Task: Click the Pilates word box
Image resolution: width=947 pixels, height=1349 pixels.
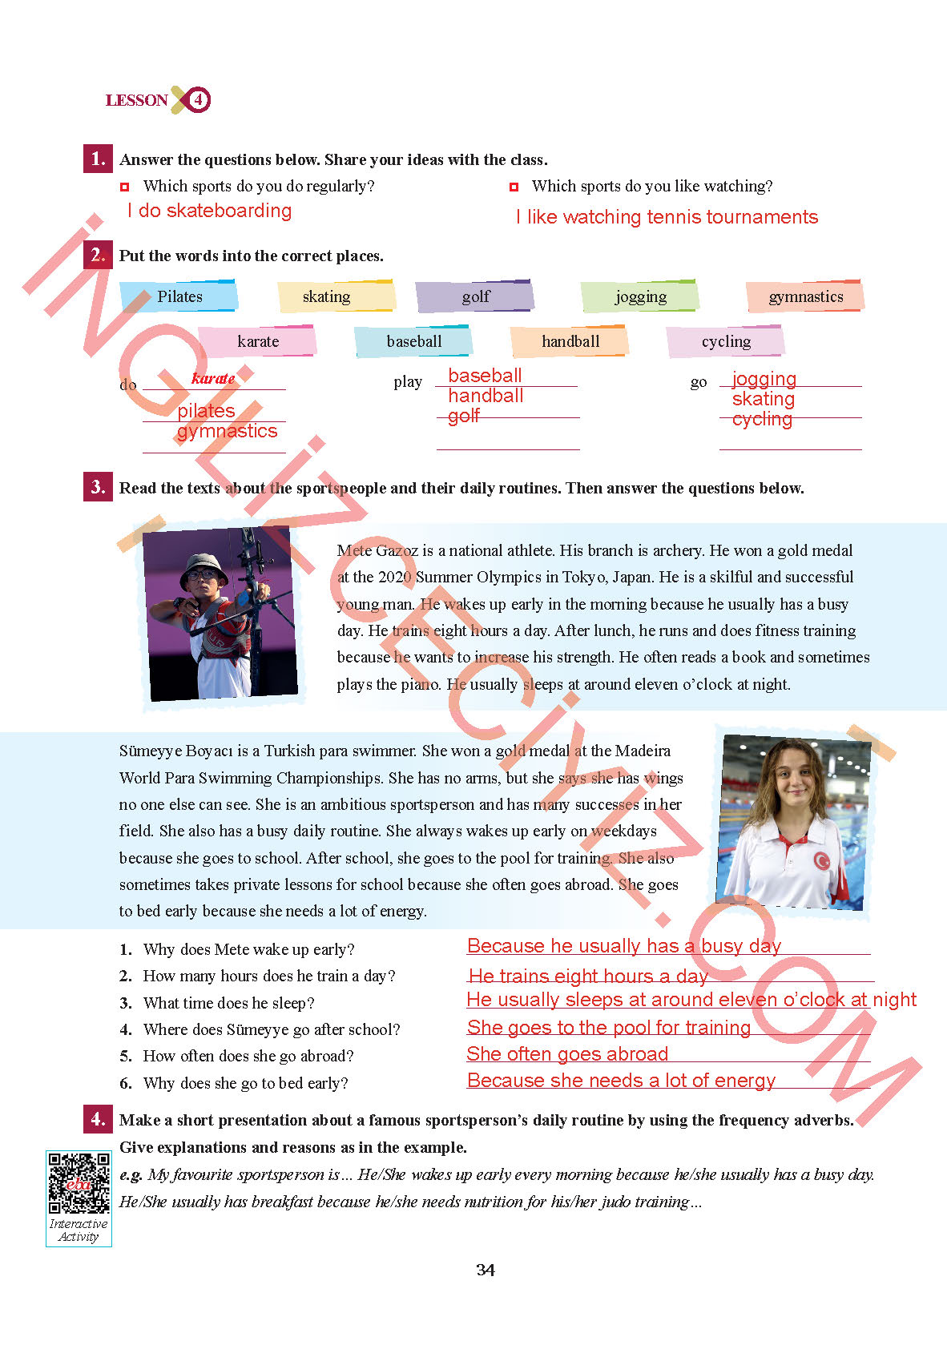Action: tap(179, 296)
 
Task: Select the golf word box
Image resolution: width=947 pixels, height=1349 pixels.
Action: tap(475, 296)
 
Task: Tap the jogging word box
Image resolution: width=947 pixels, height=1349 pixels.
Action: tap(640, 296)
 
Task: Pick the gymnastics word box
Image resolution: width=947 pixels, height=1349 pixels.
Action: tap(805, 296)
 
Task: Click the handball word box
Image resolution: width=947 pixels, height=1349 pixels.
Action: tap(570, 341)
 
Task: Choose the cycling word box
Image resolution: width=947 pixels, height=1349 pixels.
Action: tap(726, 341)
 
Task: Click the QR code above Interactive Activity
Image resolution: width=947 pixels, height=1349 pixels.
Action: tap(79, 1182)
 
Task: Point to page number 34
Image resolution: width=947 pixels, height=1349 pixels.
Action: tap(485, 1270)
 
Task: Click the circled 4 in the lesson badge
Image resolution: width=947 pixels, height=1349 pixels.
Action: tap(197, 100)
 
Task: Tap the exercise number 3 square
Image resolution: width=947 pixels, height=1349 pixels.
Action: tap(98, 487)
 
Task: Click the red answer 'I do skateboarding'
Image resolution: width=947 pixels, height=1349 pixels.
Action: tap(210, 211)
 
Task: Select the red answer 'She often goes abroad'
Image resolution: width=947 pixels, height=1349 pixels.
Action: tap(567, 1054)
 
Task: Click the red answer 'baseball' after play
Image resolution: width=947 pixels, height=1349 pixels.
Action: tap(485, 376)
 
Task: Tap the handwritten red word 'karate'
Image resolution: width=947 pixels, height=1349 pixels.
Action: tap(213, 378)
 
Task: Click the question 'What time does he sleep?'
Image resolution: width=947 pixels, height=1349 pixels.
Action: tap(228, 1003)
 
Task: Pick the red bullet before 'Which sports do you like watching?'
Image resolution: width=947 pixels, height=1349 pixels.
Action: tap(514, 187)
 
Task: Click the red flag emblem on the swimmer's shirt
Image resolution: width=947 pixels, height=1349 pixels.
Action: tap(820, 860)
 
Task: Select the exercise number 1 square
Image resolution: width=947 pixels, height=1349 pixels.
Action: tap(98, 159)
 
